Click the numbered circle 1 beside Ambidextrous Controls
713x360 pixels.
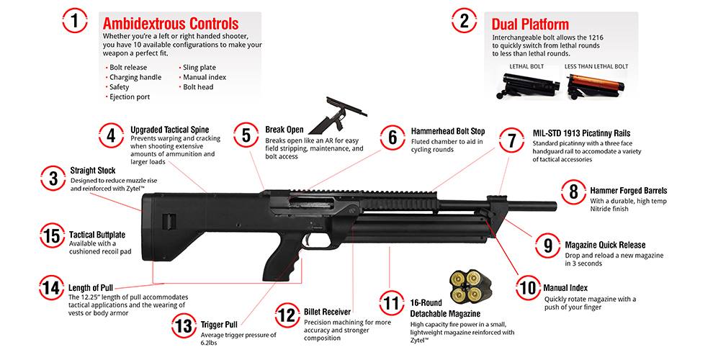[x=75, y=21]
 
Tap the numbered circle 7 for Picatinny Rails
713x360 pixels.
[x=511, y=140]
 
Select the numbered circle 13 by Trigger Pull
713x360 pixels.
[x=184, y=325]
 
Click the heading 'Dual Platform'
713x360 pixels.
[x=530, y=24]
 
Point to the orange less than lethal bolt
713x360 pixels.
[x=595, y=86]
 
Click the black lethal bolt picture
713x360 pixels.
[x=530, y=86]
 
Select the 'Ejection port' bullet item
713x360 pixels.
[x=129, y=96]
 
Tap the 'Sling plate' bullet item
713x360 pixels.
[x=199, y=67]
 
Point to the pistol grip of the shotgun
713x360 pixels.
[x=281, y=264]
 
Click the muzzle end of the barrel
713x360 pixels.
[x=555, y=206]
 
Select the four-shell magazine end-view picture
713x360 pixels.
[x=466, y=285]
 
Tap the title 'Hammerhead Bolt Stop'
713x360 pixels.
[x=448, y=131]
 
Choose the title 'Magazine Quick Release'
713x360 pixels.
[x=605, y=245]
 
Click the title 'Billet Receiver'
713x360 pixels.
[x=328, y=312]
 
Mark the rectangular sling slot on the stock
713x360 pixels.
[x=169, y=221]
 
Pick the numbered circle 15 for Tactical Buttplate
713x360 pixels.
[x=53, y=235]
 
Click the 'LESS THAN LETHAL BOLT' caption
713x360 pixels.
[x=596, y=66]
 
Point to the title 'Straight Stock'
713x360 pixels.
[x=93, y=171]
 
